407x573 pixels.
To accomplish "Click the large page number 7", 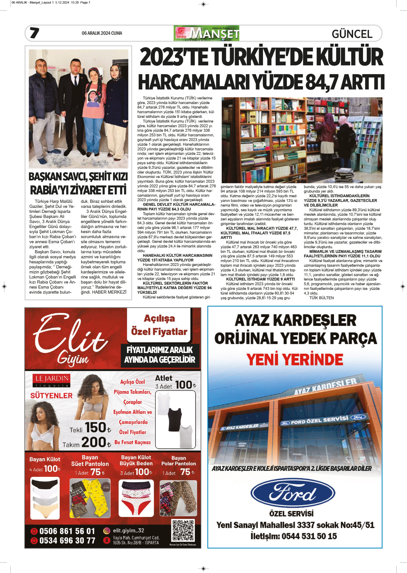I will pos(34,33).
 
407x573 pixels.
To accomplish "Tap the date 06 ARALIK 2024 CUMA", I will pos(102,33).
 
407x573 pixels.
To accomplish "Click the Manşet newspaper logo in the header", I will pos(206,33).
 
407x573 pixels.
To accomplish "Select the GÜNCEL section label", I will pos(352,34).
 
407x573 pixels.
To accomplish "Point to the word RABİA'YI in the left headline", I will pos(50,190).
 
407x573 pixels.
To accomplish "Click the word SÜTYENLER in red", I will pos(52,396).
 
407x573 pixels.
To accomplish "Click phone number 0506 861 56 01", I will pos(67,531).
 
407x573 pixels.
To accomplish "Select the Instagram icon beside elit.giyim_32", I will pos(106,530).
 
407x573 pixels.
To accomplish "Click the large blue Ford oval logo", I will pos(293,494).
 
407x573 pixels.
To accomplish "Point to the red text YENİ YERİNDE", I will pos(295,359).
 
